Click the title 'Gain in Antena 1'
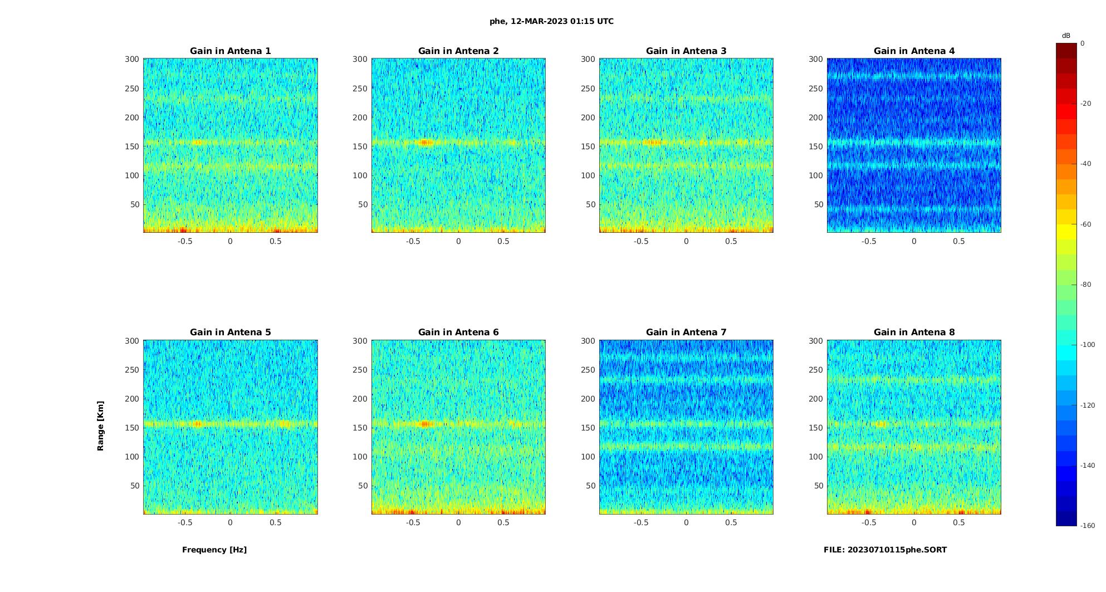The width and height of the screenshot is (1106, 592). click(x=230, y=51)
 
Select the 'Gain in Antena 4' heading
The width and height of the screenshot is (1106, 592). click(x=914, y=51)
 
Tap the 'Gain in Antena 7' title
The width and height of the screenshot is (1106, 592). click(x=686, y=332)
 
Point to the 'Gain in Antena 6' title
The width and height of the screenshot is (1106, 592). click(x=458, y=332)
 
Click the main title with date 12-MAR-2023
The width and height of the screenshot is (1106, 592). click(x=551, y=21)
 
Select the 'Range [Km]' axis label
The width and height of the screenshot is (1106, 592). click(x=100, y=425)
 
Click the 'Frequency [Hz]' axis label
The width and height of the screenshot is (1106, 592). click(x=214, y=550)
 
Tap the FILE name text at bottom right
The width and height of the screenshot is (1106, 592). click(x=885, y=550)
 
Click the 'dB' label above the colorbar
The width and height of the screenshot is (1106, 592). click(x=1066, y=36)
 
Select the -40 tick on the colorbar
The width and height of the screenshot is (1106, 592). click(x=1086, y=164)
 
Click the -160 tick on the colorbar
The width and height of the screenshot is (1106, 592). click(x=1087, y=526)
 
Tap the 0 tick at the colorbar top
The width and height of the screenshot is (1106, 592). click(x=1083, y=43)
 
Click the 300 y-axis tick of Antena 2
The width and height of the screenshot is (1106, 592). click(x=360, y=59)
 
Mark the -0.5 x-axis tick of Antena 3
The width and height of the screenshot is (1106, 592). click(x=641, y=241)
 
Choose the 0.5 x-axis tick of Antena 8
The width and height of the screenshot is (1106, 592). click(x=959, y=522)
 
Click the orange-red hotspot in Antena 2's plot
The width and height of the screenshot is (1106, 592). click(x=425, y=142)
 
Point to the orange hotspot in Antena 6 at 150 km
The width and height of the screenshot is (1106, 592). click(x=425, y=424)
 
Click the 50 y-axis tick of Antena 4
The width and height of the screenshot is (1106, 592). click(x=818, y=204)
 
